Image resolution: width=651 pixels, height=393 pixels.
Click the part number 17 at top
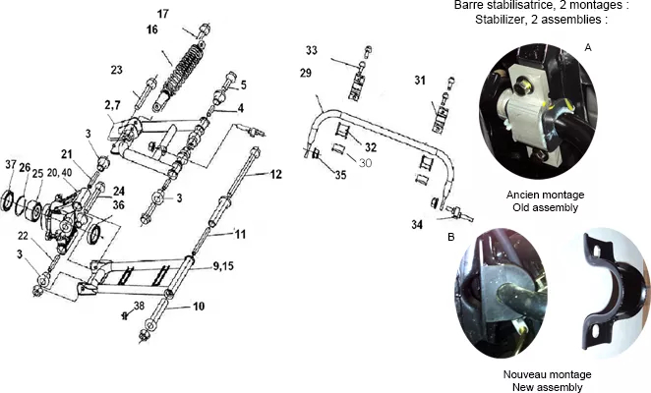[x=163, y=14]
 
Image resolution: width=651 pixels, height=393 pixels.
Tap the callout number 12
[x=275, y=174]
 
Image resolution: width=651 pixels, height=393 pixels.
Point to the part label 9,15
[x=223, y=265]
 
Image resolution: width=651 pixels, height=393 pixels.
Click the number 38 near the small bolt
[x=139, y=306]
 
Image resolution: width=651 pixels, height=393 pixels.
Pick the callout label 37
[x=11, y=165]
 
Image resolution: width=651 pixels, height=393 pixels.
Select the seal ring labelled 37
[x=8, y=201]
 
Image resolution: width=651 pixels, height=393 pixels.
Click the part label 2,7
[x=112, y=105]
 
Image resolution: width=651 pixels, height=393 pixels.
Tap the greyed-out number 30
[x=365, y=163]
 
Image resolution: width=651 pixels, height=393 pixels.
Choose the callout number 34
[x=417, y=225]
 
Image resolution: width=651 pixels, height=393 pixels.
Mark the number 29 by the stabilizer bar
[x=306, y=73]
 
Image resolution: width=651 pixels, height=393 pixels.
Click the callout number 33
[x=312, y=50]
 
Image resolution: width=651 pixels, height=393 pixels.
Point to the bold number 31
[x=420, y=81]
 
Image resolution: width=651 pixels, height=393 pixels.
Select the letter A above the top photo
[x=588, y=48]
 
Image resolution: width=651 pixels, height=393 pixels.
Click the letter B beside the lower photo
[x=451, y=237]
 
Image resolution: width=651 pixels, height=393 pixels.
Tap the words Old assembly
[x=545, y=207]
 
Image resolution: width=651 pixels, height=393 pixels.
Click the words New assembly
[x=547, y=387]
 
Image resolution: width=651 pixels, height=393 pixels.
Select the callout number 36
[x=119, y=205]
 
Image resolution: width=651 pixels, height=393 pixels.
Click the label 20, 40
[x=59, y=173]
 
